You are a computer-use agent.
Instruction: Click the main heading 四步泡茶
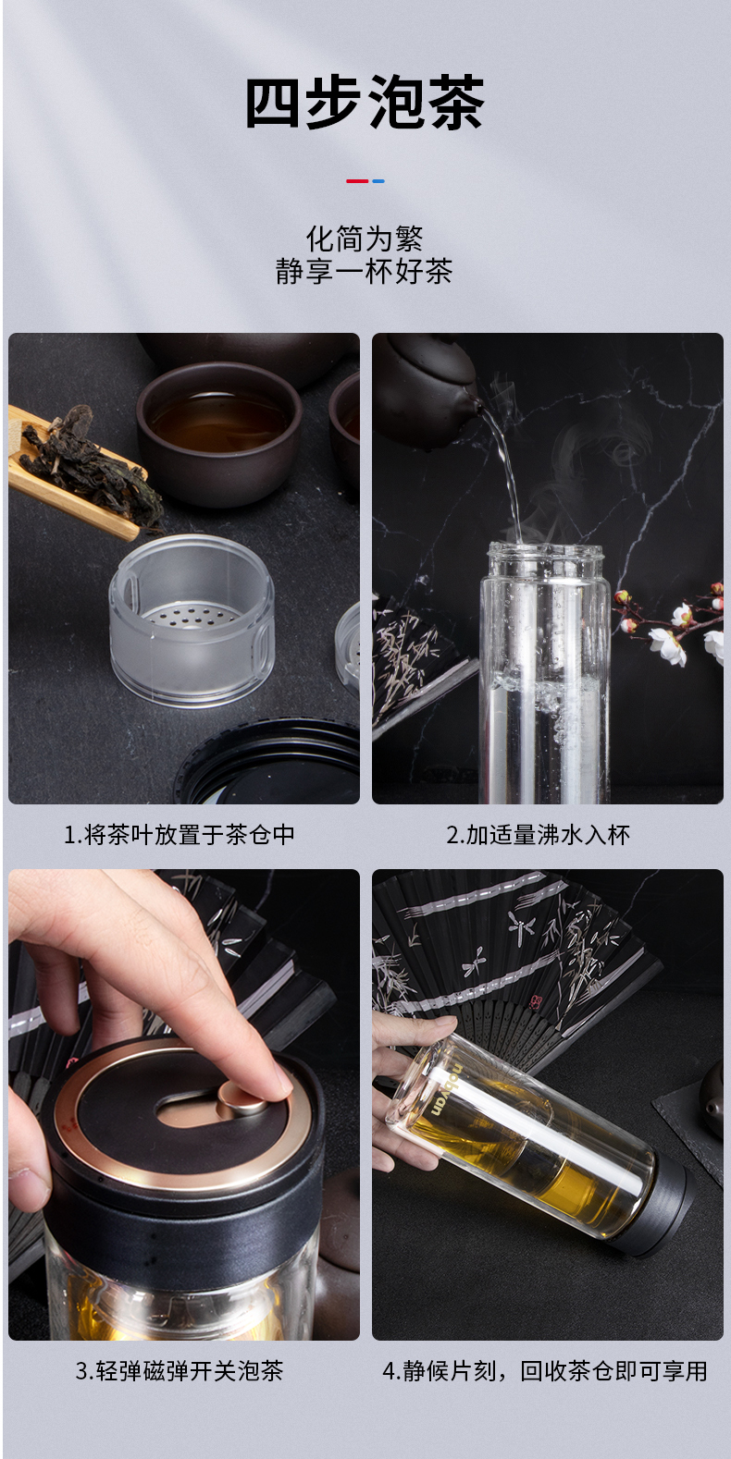[365, 103]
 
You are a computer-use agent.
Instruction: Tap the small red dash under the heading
[356, 181]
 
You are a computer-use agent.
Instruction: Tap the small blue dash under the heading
[378, 181]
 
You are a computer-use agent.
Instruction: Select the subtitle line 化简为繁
[365, 239]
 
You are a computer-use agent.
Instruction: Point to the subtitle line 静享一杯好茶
[365, 271]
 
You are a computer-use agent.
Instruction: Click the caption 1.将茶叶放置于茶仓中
[180, 834]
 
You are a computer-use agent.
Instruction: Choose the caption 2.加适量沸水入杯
[538, 834]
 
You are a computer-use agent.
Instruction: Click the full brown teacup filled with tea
[219, 432]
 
